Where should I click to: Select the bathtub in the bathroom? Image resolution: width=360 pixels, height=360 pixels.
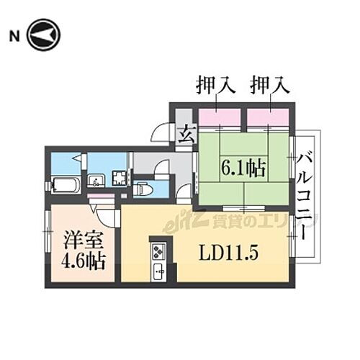(x=66, y=185)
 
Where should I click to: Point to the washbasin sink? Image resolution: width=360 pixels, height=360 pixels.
(x=96, y=181)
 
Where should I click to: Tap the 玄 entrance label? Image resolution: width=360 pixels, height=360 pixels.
(x=184, y=135)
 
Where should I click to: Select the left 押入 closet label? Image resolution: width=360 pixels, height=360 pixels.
(x=216, y=86)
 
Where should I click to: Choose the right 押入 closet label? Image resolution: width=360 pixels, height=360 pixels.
(x=269, y=86)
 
